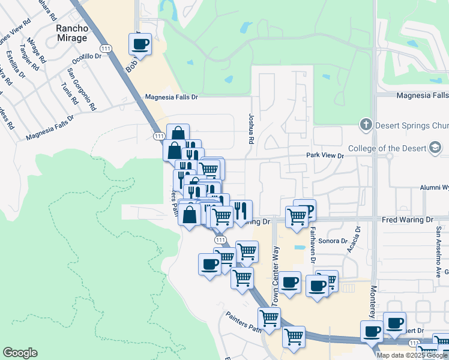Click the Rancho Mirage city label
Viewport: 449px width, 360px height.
point(71,32)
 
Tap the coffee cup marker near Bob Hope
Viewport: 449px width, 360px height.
point(140,44)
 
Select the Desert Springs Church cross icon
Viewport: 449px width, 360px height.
point(366,125)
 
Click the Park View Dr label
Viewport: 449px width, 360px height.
point(325,155)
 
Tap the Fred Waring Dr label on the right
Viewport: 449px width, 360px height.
point(408,220)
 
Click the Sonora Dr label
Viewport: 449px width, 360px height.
point(336,241)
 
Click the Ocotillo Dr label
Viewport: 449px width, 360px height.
point(87,57)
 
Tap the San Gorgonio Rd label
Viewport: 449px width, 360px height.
point(81,89)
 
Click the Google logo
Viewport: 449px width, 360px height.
point(20,353)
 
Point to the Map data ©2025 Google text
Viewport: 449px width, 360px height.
point(411,355)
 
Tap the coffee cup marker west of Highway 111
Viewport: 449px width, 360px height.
point(209,265)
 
